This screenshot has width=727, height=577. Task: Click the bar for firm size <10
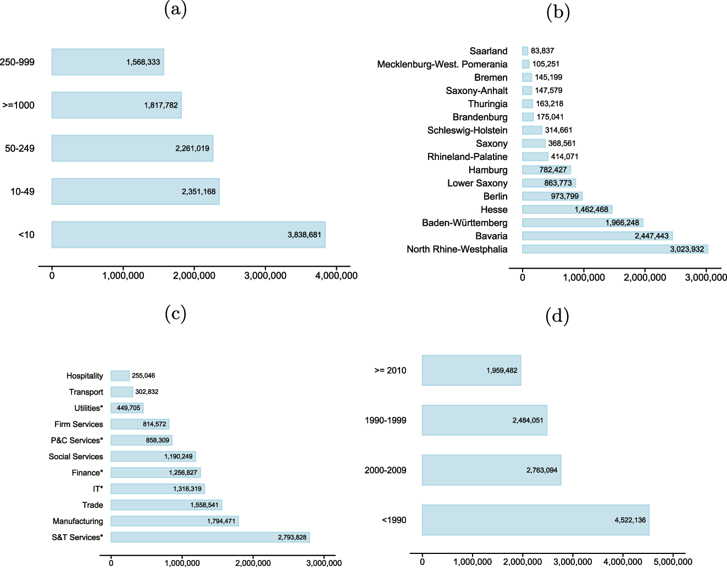(x=188, y=235)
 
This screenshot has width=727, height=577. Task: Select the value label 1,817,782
(x=161, y=106)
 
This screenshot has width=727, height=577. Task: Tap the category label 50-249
(x=20, y=148)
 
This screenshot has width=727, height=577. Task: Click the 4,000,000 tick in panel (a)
(x=336, y=276)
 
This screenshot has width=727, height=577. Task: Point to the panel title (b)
(x=558, y=12)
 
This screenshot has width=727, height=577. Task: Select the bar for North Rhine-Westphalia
(x=614, y=249)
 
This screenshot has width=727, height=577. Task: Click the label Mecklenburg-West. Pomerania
(x=442, y=64)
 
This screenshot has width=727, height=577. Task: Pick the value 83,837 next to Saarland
(x=542, y=51)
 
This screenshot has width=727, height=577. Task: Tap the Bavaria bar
(x=597, y=236)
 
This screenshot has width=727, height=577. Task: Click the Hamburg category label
(x=488, y=170)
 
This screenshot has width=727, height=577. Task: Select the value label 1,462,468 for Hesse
(x=591, y=210)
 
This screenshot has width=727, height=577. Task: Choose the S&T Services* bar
(x=210, y=537)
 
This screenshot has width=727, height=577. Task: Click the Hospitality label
(x=85, y=376)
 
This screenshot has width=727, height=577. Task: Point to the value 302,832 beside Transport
(x=147, y=392)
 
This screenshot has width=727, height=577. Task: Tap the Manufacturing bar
(x=174, y=521)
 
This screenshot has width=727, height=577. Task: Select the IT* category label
(x=98, y=489)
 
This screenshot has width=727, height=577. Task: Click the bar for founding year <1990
(x=535, y=520)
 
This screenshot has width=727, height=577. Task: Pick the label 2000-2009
(x=385, y=470)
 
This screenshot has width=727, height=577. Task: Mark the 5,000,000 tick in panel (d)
(x=673, y=562)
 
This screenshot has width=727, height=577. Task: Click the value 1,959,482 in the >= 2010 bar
(x=502, y=371)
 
